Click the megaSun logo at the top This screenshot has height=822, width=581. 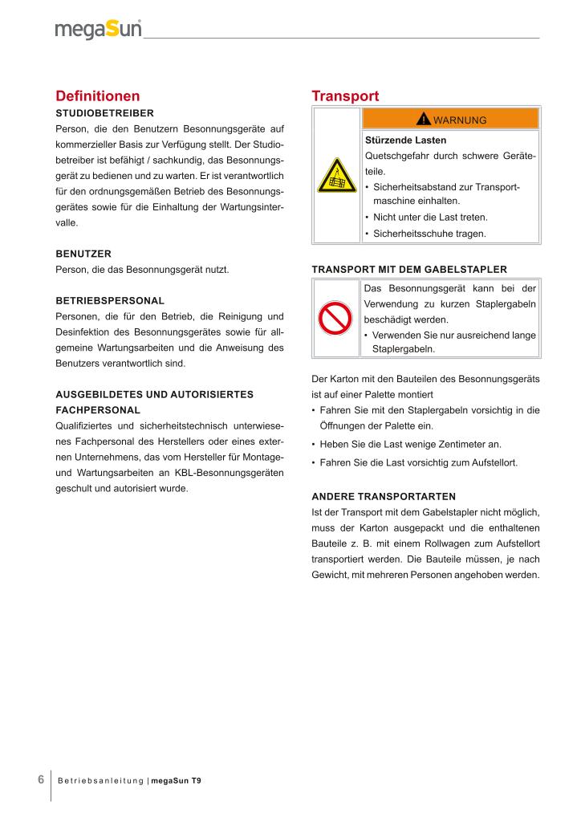[x=98, y=30]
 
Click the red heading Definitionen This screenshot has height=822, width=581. [x=97, y=96]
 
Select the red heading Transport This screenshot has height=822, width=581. [x=344, y=96]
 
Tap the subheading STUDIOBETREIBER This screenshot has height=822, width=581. [x=104, y=113]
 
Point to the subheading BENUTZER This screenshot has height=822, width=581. [x=83, y=254]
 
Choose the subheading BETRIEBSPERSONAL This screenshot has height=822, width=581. [x=110, y=300]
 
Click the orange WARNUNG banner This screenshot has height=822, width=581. [x=451, y=120]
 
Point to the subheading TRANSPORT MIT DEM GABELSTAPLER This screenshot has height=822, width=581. [x=408, y=269]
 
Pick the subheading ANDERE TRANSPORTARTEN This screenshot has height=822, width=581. [x=383, y=496]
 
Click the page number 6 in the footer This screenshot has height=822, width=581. [x=41, y=779]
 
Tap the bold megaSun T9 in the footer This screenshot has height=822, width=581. [x=176, y=780]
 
